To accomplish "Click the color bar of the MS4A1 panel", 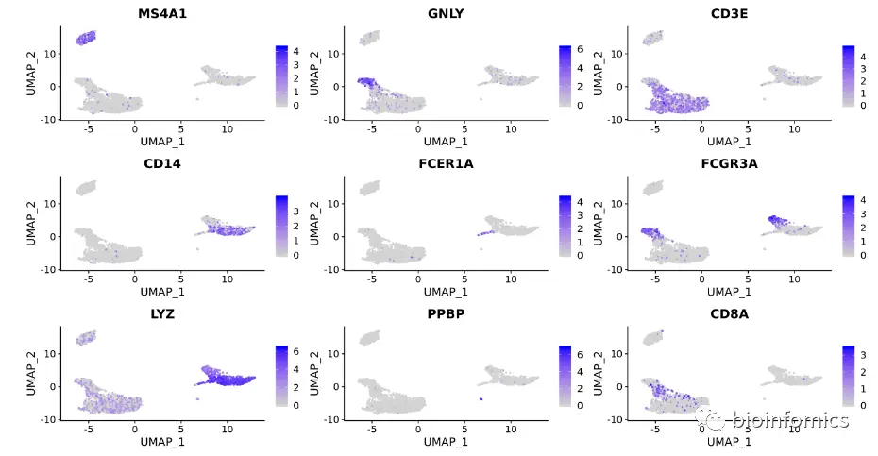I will (x=282, y=76).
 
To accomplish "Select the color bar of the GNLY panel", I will (x=566, y=76).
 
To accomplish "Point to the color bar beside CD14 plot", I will (x=282, y=227).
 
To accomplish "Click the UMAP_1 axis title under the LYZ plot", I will (x=160, y=441).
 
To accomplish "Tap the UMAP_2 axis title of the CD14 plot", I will (x=31, y=223).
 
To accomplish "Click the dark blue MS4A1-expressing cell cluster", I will (x=85, y=39).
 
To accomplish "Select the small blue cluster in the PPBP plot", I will (x=481, y=399).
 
